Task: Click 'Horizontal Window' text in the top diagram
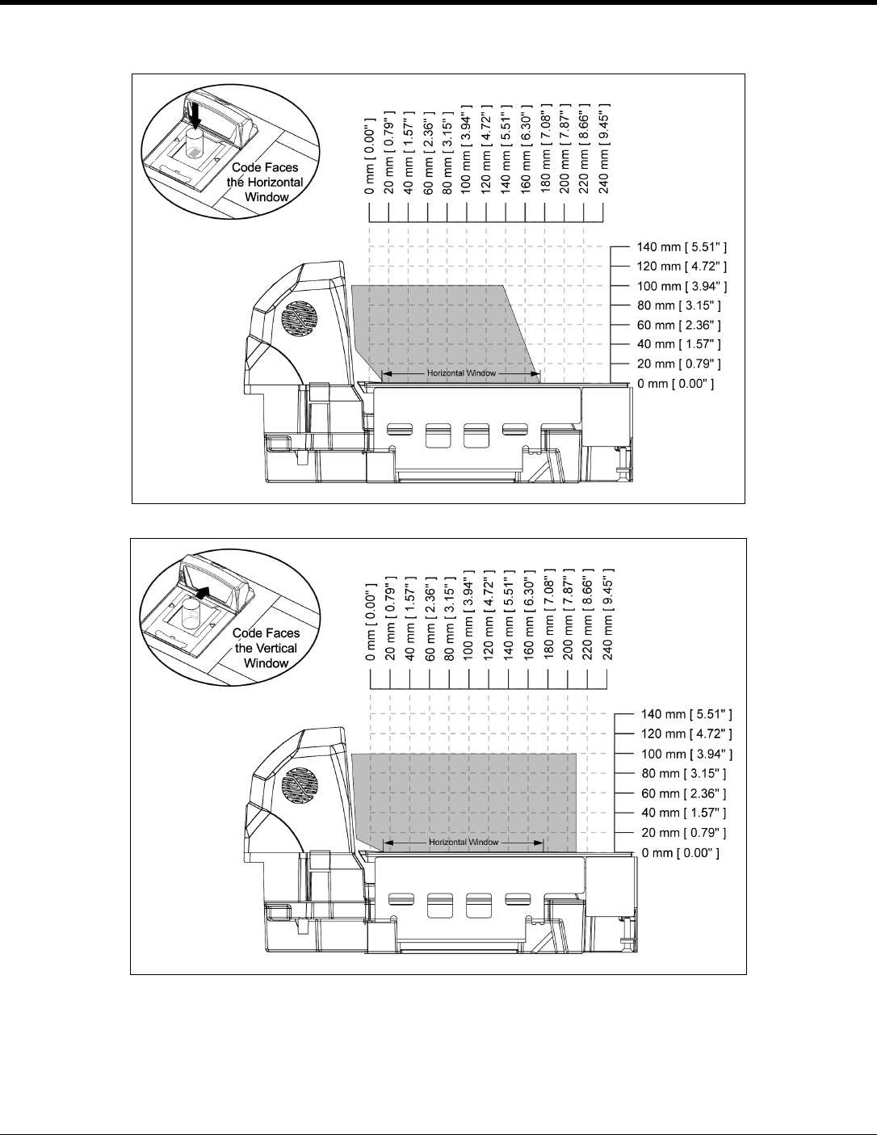(x=461, y=374)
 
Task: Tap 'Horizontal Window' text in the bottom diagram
(x=464, y=842)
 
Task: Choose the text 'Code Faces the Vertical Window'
(x=266, y=648)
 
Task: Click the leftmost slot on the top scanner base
(x=400, y=431)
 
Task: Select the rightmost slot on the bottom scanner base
(x=518, y=899)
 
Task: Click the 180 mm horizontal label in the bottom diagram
(x=548, y=618)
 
